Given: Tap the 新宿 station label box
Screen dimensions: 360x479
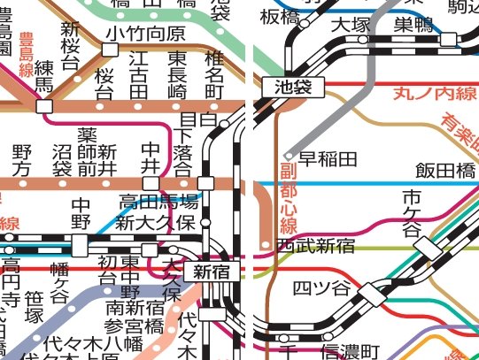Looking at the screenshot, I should click(x=212, y=272).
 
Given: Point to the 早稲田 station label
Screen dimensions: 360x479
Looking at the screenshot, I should click(x=328, y=159).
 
